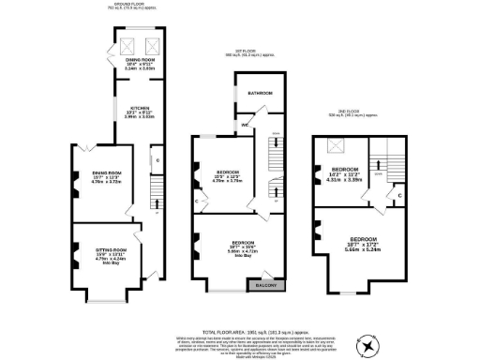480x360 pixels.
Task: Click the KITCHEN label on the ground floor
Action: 134,108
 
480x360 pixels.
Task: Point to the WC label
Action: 244,124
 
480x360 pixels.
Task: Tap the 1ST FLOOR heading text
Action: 247,52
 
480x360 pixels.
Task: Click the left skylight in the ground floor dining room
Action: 126,50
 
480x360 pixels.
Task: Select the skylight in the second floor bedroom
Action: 333,146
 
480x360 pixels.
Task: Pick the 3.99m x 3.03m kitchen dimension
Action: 134,118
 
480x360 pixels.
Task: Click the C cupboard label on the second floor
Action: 400,195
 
